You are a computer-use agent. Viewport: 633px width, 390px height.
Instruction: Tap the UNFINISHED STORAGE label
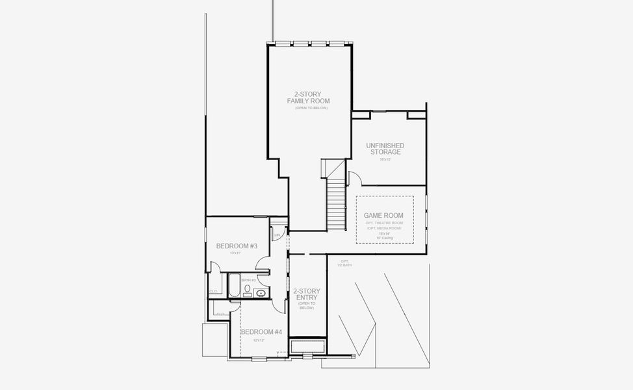click(385, 149)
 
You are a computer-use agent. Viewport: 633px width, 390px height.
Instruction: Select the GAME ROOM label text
click(383, 216)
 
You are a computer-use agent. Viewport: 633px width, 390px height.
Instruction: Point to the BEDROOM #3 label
click(237, 246)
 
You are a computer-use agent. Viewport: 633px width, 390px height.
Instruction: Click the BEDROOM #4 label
click(261, 332)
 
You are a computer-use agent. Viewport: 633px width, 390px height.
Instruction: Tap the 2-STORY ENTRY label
click(305, 294)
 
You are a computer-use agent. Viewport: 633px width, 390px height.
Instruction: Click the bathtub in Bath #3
click(235, 285)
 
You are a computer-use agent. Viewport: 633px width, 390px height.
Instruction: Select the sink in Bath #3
click(261, 293)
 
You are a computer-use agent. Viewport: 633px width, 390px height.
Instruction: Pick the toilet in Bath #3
click(248, 290)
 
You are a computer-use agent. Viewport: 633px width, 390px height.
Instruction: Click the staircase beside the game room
click(336, 203)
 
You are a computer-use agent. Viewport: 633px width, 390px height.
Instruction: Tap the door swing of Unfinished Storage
click(355, 178)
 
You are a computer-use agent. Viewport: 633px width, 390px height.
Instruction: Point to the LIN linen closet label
click(278, 235)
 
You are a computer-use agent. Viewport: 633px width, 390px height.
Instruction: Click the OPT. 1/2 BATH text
click(344, 263)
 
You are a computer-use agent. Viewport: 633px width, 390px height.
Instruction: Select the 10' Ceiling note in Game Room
click(385, 238)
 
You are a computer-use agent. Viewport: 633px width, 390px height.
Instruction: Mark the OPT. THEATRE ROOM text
click(384, 223)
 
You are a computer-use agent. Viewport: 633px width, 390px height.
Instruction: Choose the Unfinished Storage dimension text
click(385, 159)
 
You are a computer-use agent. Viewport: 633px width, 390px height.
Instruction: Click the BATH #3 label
click(249, 280)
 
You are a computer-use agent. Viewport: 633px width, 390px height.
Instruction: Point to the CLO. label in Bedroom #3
click(214, 291)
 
